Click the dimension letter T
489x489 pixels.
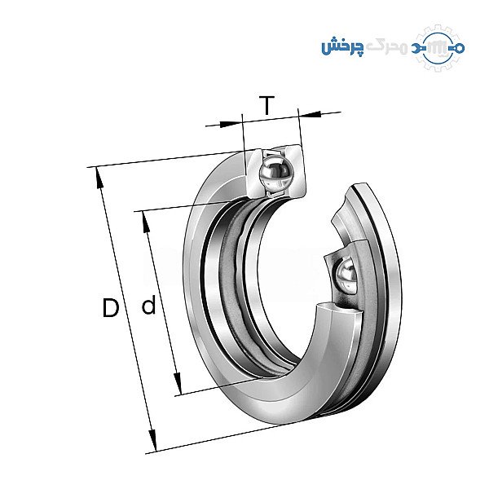pos(267,105)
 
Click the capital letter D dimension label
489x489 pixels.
pos(111,307)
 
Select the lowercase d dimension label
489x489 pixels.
pos(148,306)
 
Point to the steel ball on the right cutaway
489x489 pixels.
pos(346,275)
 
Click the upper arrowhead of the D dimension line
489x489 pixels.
pos(99,178)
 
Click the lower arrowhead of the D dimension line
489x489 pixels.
pos(152,440)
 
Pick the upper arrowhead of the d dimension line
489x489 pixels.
pos(146,222)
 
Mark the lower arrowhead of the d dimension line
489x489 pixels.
pos(178,383)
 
